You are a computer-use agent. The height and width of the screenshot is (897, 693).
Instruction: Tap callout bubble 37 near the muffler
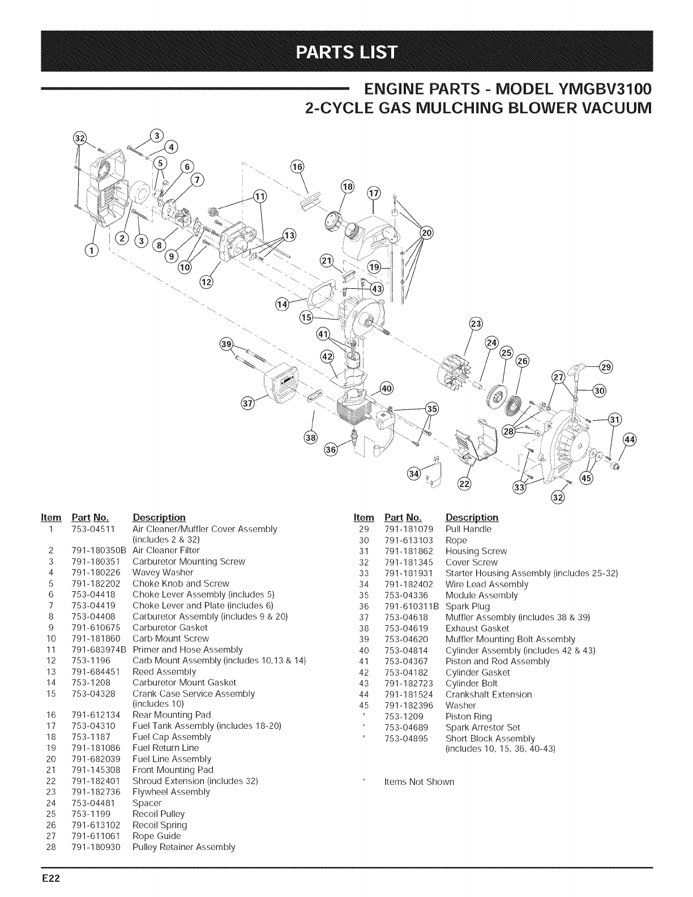247,403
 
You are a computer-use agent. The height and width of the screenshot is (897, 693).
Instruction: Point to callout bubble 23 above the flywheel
477,324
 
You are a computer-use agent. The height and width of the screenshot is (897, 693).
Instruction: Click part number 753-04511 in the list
94,529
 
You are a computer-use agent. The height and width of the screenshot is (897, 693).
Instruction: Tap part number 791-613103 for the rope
409,540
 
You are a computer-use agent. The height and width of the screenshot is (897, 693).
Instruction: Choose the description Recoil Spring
160,825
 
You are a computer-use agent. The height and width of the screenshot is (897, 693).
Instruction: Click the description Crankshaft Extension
489,694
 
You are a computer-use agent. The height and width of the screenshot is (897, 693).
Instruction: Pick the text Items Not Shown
419,782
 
